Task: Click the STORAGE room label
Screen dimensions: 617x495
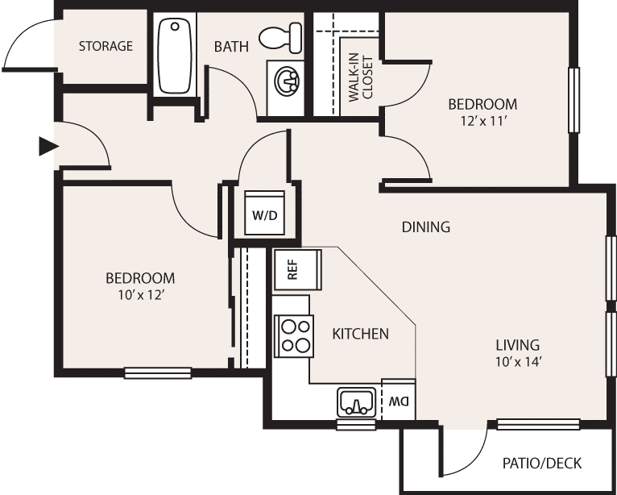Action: (x=106, y=46)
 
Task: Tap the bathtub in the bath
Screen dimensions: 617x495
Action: (x=174, y=56)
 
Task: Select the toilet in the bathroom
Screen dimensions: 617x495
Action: (x=280, y=37)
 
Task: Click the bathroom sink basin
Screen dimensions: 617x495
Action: (x=287, y=80)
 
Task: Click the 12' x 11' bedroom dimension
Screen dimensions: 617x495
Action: (x=482, y=121)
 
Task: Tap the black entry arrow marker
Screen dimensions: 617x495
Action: (x=48, y=147)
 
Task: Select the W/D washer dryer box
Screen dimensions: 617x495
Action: (x=264, y=213)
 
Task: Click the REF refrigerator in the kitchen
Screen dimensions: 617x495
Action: (x=298, y=270)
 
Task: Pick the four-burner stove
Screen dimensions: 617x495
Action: (x=293, y=336)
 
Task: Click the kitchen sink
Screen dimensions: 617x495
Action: (x=357, y=402)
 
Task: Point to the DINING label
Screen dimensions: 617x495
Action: (x=426, y=227)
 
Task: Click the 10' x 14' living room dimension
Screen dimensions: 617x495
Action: (x=517, y=362)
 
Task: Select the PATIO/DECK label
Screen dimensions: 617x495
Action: (x=541, y=464)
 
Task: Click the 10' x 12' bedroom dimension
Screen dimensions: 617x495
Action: (x=140, y=295)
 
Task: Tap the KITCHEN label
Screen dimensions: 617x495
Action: (x=360, y=334)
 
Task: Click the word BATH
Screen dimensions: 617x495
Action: (x=231, y=47)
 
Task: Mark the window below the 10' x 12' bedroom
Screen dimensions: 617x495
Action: (x=158, y=373)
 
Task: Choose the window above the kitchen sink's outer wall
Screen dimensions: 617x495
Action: (x=357, y=425)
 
